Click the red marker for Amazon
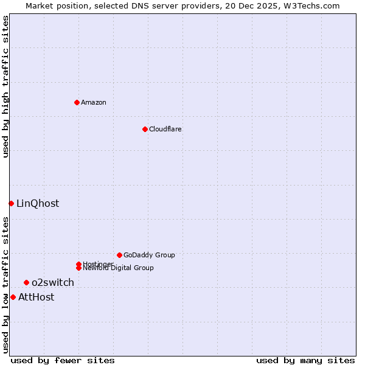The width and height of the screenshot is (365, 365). click(x=77, y=102)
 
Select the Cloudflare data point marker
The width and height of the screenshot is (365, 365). click(x=145, y=129)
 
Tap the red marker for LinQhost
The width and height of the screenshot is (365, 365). click(x=11, y=203)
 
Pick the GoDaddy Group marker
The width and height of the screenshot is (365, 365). click(x=119, y=255)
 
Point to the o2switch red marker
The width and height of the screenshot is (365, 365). click(x=26, y=282)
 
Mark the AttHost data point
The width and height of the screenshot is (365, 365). click(x=13, y=297)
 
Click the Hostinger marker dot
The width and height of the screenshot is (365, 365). click(x=78, y=264)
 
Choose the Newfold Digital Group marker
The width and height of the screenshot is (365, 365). click(x=78, y=268)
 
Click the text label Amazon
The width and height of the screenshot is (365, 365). click(x=94, y=102)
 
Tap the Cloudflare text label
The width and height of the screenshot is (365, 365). click(x=165, y=129)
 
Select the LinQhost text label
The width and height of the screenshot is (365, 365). click(x=38, y=203)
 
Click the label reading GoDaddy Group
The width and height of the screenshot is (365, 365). click(x=149, y=255)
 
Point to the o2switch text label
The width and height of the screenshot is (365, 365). click(x=53, y=282)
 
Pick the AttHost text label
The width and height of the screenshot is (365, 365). click(x=36, y=297)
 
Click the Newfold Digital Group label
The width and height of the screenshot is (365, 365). click(x=118, y=268)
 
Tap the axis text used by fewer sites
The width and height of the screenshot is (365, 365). click(x=63, y=360)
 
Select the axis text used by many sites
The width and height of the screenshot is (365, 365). click(x=305, y=360)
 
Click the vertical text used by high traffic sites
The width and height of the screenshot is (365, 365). click(x=5, y=86)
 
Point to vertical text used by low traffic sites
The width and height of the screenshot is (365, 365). click(x=5, y=285)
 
